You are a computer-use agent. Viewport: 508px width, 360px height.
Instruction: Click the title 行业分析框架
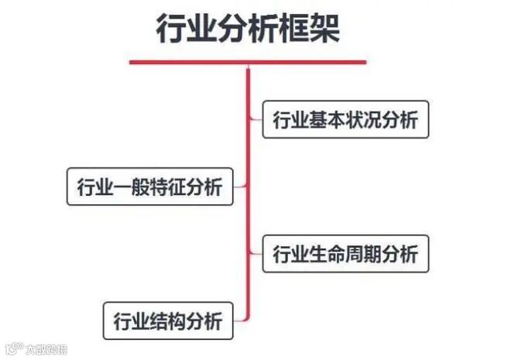(248, 29)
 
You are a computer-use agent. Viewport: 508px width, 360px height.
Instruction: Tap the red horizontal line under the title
(248, 62)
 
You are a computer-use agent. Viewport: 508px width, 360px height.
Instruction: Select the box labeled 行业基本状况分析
(345, 121)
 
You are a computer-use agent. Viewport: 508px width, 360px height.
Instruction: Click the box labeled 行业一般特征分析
(149, 187)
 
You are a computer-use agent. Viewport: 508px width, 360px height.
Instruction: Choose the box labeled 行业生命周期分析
(345, 253)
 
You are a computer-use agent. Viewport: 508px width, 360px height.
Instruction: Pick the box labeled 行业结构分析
(167, 321)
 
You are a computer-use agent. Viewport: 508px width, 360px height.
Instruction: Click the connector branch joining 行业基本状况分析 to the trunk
(256, 120)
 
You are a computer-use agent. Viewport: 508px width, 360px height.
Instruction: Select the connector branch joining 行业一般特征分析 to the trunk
(240, 186)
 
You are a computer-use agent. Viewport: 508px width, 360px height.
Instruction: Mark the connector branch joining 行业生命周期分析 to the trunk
(256, 253)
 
